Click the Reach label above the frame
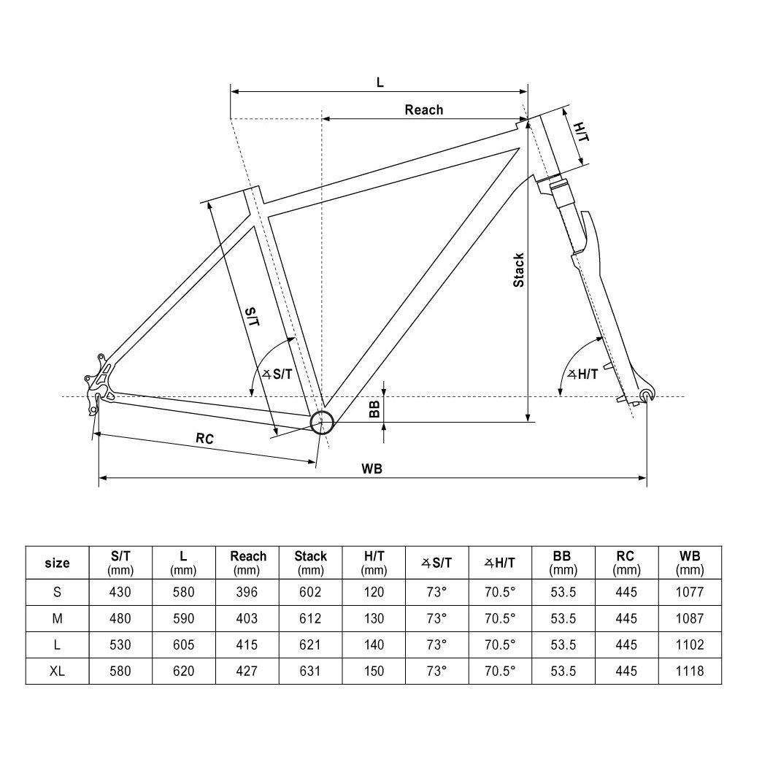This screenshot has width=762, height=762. (424, 110)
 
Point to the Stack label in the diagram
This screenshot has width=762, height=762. (518, 269)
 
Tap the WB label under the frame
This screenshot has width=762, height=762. (372, 469)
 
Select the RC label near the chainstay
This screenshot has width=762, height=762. (204, 439)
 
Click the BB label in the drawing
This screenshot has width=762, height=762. (374, 409)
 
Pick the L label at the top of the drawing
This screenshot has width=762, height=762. (380, 82)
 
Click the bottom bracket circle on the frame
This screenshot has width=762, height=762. (322, 421)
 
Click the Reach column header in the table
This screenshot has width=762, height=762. (248, 563)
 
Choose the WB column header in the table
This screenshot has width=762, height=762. (690, 563)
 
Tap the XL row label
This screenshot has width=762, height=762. (57, 670)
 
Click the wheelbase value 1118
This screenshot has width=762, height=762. (690, 670)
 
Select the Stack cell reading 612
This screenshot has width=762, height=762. (310, 618)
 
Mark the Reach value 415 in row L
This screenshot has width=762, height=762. (247, 644)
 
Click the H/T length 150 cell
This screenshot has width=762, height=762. (374, 670)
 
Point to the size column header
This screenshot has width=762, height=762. (57, 563)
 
